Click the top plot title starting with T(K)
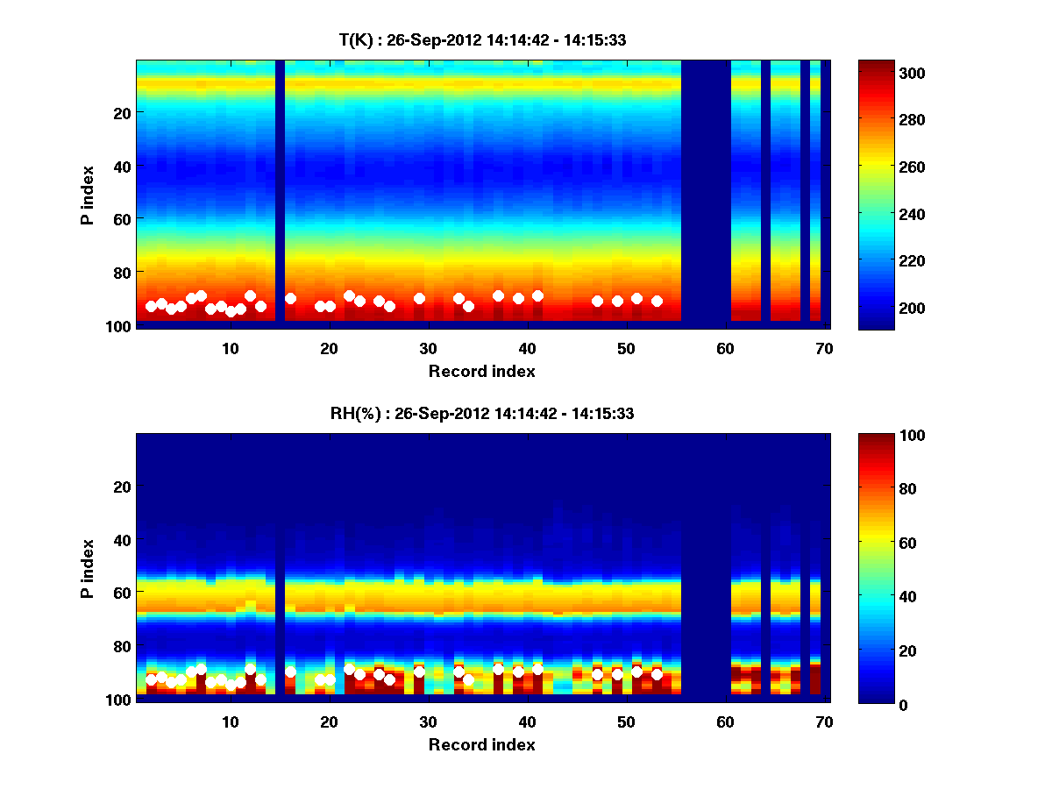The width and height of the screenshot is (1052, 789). pyautogui.click(x=482, y=40)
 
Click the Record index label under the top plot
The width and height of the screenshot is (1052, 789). pyautogui.click(x=482, y=372)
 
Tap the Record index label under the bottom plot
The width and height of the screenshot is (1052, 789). pyautogui.click(x=482, y=745)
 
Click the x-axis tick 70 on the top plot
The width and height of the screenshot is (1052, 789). pyautogui.click(x=824, y=348)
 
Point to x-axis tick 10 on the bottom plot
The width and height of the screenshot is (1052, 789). pyautogui.click(x=230, y=721)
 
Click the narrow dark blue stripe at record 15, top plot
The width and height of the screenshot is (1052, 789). pyautogui.click(x=280, y=191)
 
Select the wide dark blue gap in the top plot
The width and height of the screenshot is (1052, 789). pyautogui.click(x=706, y=191)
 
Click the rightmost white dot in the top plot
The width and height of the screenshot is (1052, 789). pyautogui.click(x=657, y=301)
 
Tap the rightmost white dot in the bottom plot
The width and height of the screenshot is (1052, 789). pyautogui.click(x=657, y=674)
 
